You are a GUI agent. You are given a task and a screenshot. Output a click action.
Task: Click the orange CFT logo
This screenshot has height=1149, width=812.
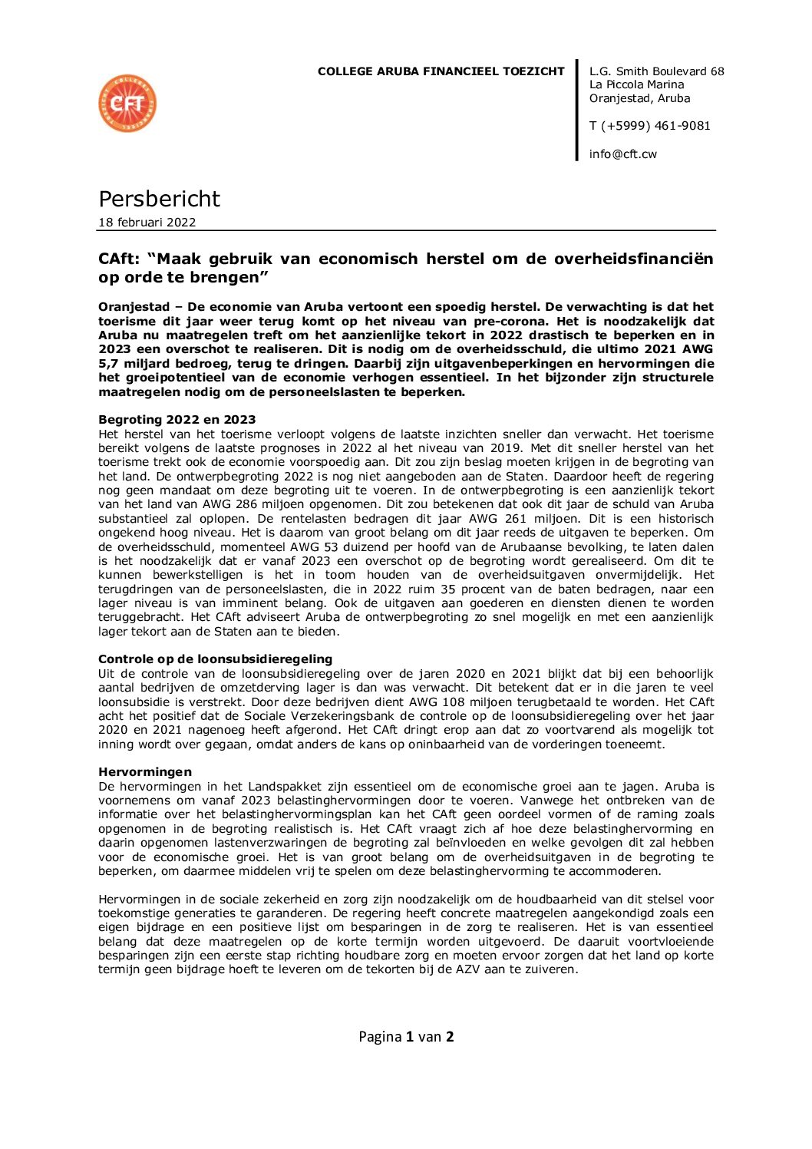[127, 104]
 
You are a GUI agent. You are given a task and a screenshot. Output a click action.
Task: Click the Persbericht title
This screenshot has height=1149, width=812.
[159, 199]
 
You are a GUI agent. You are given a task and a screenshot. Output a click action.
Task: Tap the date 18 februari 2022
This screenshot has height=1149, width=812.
[147, 223]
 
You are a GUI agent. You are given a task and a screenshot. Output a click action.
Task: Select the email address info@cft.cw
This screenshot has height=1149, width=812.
[622, 154]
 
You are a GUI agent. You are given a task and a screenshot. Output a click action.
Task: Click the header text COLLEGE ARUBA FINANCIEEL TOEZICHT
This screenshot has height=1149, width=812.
[441, 71]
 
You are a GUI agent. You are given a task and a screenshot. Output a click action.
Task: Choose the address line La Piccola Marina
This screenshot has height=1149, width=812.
[636, 84]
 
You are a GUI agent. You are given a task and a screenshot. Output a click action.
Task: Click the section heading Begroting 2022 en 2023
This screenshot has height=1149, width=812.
[177, 420]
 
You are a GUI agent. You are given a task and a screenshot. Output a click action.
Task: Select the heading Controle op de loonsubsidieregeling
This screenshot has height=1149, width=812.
[215, 659]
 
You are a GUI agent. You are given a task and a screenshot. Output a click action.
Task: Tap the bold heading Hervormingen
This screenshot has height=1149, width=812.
[145, 772]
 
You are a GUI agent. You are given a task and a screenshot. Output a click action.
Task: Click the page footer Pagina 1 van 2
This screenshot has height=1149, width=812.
[406, 1037]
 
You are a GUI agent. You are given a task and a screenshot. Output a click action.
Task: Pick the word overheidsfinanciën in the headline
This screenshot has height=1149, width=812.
[629, 259]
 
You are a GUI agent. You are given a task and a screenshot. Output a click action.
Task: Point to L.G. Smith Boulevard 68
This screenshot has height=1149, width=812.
[656, 71]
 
